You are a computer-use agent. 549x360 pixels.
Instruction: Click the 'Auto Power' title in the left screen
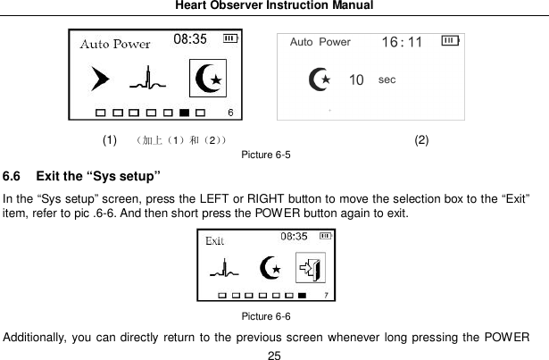(115, 44)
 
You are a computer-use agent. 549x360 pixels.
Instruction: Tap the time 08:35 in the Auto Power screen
(189, 39)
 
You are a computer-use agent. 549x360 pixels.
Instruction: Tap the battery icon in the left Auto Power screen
(231, 38)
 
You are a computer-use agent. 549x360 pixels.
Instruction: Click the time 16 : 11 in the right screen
(402, 43)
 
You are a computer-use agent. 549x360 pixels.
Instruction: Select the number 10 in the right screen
(356, 80)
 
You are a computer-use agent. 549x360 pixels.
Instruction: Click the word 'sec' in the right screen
(387, 79)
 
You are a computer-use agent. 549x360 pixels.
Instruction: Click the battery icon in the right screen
(451, 42)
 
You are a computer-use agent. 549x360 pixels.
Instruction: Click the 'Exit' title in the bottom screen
(215, 240)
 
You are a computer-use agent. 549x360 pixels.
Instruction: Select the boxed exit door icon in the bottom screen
(311, 266)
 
